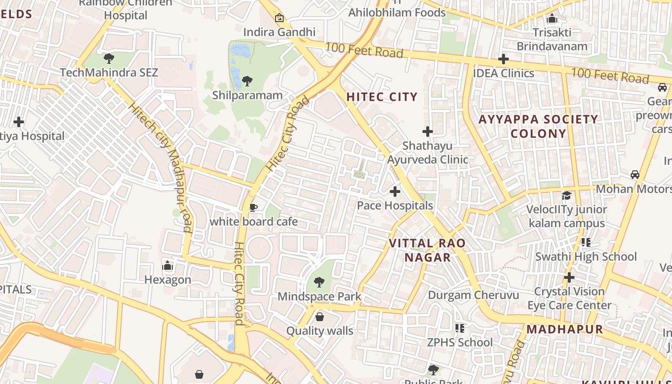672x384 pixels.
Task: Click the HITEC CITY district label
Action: (x=382, y=96)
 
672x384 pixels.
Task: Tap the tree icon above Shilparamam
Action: (x=247, y=81)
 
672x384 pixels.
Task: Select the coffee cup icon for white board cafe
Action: (x=253, y=207)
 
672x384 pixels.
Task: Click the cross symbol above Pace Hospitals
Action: (x=395, y=192)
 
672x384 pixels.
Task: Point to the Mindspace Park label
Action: (x=319, y=296)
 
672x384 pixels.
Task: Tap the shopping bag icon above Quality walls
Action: (x=319, y=317)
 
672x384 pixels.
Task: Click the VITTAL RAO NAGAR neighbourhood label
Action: (x=427, y=250)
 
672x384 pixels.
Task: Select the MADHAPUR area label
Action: (x=564, y=329)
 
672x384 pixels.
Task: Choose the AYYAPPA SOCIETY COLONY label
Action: (x=539, y=126)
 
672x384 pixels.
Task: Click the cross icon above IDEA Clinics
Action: (x=503, y=59)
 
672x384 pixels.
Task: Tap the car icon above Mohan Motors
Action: (x=635, y=175)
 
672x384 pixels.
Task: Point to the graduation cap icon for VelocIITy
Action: (x=566, y=195)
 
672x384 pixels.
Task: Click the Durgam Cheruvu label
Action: (x=473, y=295)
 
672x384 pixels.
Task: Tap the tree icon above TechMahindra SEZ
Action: (x=109, y=59)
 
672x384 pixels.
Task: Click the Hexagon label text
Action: (x=168, y=279)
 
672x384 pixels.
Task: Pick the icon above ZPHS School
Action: (x=460, y=328)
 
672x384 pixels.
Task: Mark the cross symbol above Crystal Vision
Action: (x=569, y=277)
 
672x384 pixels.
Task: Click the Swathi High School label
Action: (x=586, y=256)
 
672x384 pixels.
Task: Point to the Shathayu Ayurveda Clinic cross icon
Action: (x=427, y=132)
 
